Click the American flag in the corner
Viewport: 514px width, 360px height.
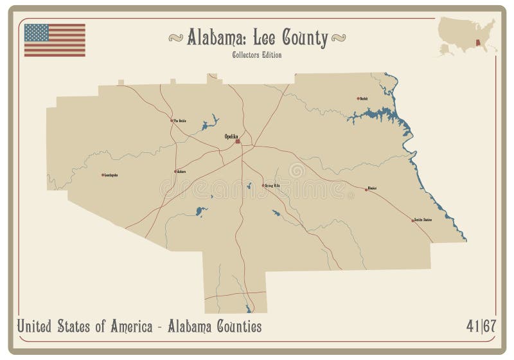[55, 40]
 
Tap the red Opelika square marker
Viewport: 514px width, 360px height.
[238, 142]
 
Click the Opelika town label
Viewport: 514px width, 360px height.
[231, 136]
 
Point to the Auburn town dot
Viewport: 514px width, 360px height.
[175, 171]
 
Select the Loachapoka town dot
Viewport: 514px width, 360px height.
[103, 174]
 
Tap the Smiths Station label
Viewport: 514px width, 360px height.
[423, 220]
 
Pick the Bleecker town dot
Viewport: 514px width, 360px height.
[366, 189]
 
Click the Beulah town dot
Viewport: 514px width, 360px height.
[359, 98]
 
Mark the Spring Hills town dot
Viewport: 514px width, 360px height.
[264, 186]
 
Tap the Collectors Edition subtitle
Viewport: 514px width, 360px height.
[257, 55]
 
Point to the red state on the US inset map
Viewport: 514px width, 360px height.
[479, 44]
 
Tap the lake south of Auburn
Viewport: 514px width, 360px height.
[200, 210]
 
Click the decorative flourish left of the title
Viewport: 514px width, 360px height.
[175, 38]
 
